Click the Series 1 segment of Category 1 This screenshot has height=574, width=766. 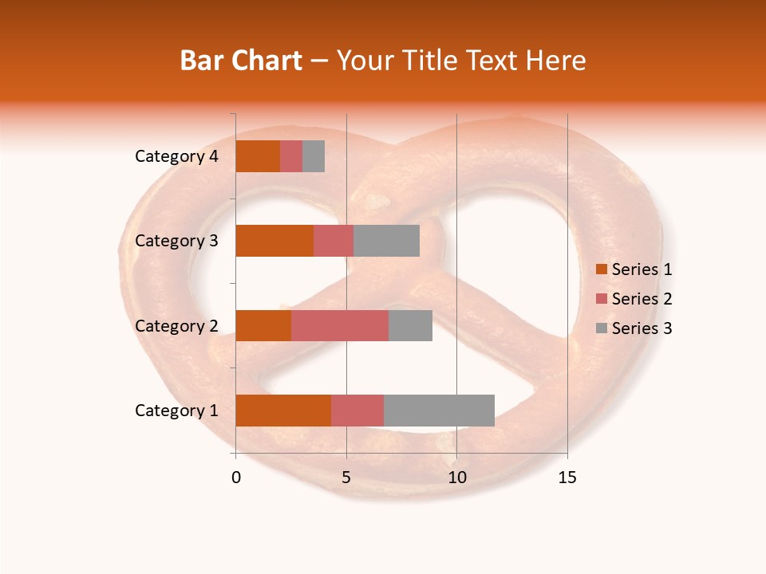(283, 411)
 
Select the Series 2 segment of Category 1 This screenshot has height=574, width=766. (357, 411)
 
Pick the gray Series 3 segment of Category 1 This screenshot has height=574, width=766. (439, 411)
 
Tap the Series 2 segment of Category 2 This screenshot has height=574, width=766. (340, 325)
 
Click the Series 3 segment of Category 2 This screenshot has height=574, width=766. (410, 325)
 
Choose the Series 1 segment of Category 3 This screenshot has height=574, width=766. (274, 241)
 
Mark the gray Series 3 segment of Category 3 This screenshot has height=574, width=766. (386, 241)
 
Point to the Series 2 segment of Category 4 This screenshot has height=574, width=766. (291, 156)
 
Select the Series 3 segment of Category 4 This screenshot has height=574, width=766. (314, 156)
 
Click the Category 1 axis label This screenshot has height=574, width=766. (176, 411)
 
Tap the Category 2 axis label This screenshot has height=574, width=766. (176, 325)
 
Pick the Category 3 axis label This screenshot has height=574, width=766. (176, 241)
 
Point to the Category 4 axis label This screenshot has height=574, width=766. (176, 156)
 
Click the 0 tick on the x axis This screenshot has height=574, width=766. (236, 478)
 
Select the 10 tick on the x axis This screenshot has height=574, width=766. (456, 478)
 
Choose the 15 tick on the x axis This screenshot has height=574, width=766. (567, 478)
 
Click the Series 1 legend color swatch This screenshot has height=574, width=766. (601, 269)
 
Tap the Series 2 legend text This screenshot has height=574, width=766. (642, 299)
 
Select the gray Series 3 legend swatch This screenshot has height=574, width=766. (601, 328)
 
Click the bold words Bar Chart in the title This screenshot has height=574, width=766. (241, 61)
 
